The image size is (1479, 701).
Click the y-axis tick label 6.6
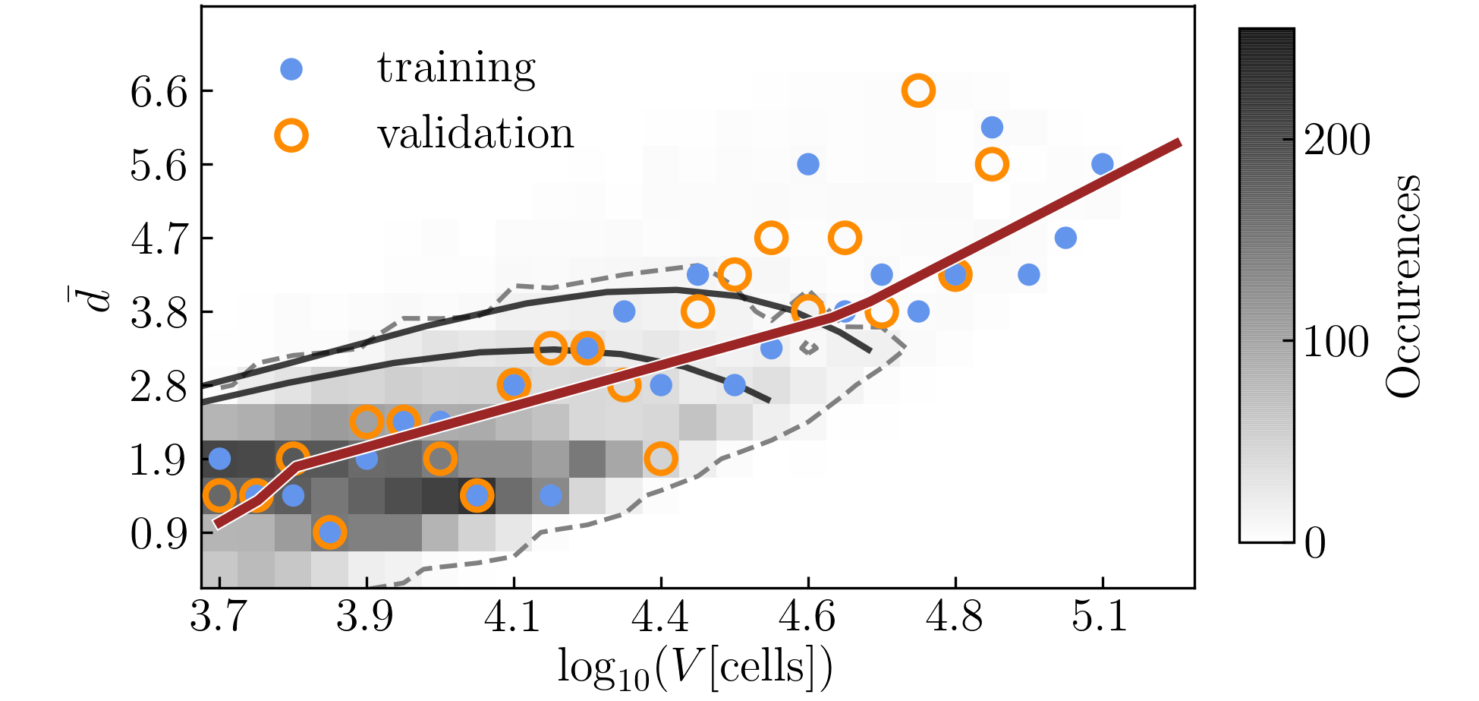(159, 92)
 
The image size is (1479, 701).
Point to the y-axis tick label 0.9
(159, 534)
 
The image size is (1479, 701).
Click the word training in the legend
(456, 68)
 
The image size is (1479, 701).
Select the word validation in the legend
(476, 134)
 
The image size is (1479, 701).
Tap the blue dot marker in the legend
(291, 69)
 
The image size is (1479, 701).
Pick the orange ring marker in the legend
(291, 136)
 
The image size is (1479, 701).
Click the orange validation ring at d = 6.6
(918, 91)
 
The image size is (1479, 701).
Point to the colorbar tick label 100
(1337, 341)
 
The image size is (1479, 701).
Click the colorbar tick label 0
(1315, 543)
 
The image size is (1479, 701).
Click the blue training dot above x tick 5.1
(1103, 164)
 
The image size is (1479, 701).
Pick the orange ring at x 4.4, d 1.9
(661, 459)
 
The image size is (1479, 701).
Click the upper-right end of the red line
(1178, 143)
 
